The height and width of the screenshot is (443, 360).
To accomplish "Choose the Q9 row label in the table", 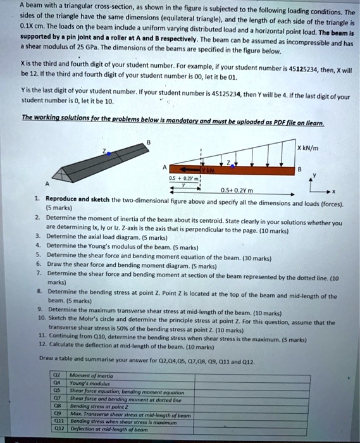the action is [x=59, y=415].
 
